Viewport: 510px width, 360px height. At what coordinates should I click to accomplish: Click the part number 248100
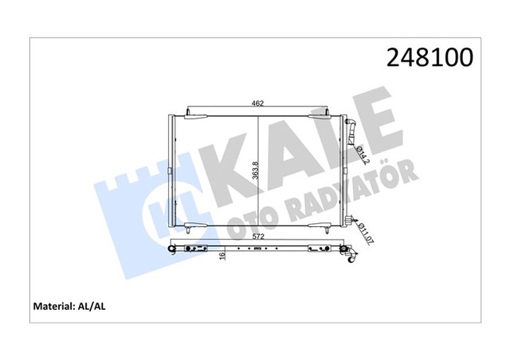[430, 57]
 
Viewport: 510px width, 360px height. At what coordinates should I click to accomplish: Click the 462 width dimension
[257, 104]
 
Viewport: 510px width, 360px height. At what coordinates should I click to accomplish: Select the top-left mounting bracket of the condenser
[194, 116]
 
